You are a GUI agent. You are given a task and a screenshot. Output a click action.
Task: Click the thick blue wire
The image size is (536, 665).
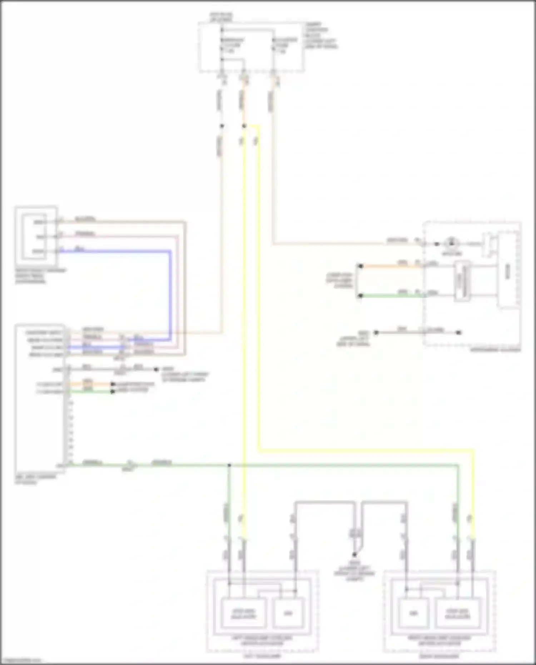(x=170, y=293)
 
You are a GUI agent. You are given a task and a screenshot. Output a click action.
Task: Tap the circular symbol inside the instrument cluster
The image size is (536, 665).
(x=451, y=244)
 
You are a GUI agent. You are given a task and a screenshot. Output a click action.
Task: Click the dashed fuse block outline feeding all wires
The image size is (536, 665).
(x=252, y=47)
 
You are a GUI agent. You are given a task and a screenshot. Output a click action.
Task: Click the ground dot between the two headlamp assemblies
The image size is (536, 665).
(x=354, y=555)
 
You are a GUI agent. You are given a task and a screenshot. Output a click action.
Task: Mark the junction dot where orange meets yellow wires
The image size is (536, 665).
(x=244, y=126)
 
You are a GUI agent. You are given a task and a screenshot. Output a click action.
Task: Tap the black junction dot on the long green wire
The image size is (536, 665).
(x=229, y=465)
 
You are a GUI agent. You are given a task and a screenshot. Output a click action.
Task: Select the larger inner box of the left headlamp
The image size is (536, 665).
(x=244, y=613)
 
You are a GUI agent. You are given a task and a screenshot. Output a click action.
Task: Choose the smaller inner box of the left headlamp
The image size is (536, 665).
(x=288, y=613)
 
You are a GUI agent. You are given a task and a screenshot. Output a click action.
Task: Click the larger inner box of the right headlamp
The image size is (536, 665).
(x=457, y=613)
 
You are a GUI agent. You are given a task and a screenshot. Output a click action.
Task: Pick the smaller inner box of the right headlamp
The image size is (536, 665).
(x=413, y=613)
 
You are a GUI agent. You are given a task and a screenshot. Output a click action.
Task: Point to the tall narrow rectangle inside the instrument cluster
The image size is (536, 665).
(x=463, y=281)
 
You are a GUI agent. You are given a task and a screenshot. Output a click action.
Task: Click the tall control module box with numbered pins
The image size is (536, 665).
(x=40, y=398)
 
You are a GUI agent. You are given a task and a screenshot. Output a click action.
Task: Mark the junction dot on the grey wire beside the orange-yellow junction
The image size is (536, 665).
(x=222, y=126)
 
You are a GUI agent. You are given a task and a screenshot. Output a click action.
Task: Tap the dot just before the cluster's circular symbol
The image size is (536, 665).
(x=437, y=244)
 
